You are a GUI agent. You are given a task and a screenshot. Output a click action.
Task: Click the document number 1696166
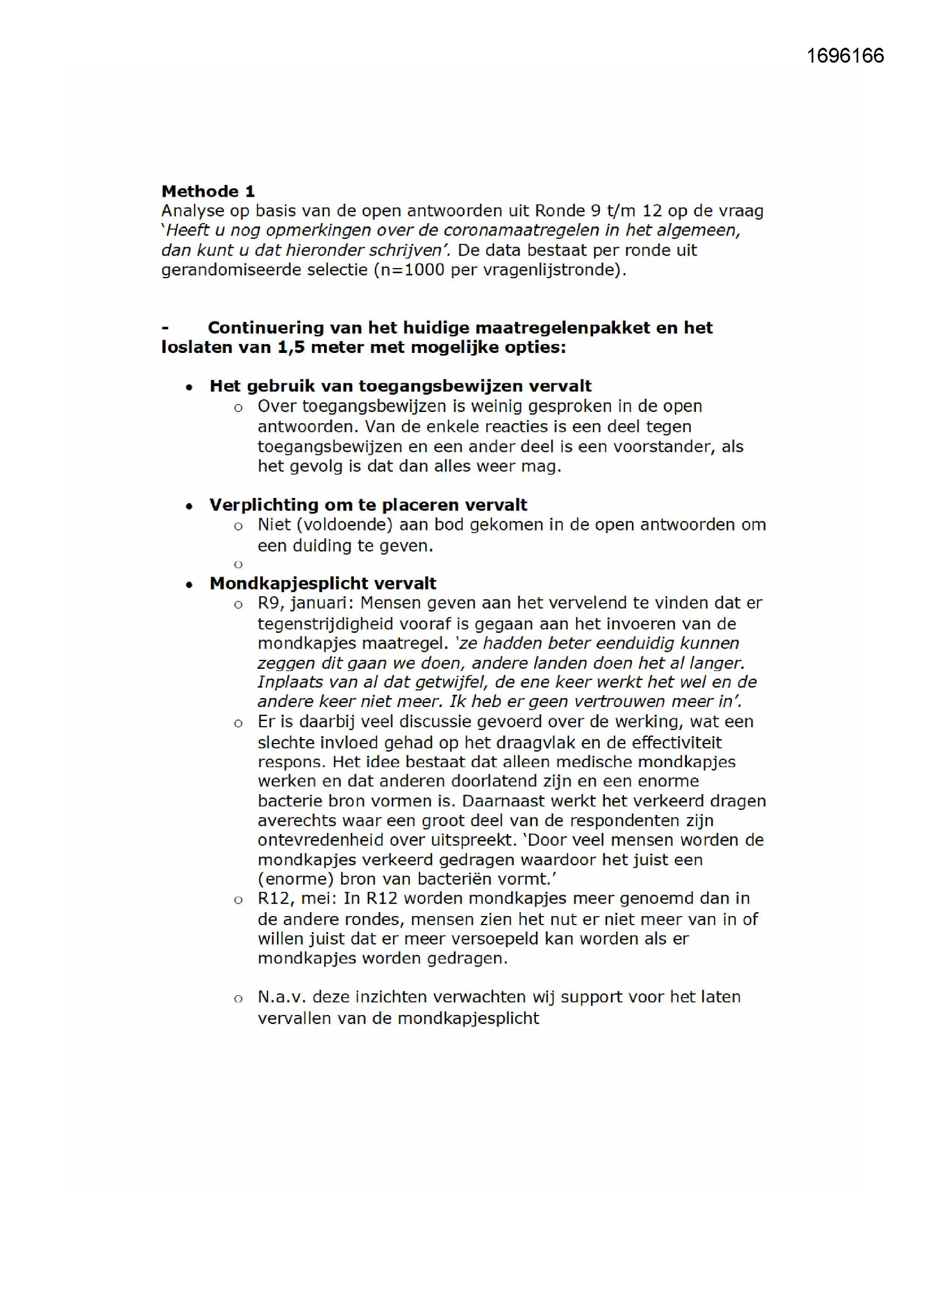[845, 56]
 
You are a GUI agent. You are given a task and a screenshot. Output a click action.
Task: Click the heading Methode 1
[208, 191]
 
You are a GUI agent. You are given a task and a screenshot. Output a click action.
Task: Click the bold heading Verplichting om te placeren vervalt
[368, 505]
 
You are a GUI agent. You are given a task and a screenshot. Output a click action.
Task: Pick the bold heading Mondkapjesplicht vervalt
[322, 583]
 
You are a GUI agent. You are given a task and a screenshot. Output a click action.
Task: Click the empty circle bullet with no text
[239, 565]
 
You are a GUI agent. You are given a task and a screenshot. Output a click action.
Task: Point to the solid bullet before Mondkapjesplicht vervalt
[189, 585]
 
